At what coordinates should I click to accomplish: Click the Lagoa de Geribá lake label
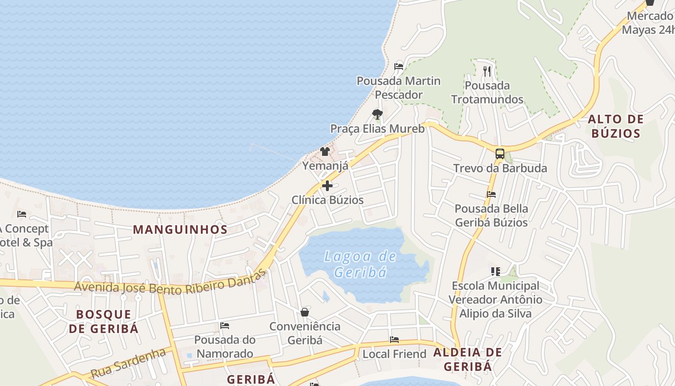360,264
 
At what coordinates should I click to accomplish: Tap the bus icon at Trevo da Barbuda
500,154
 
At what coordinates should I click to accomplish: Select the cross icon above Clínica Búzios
327,186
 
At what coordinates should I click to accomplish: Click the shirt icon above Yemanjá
325,152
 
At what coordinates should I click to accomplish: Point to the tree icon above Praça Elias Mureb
377,114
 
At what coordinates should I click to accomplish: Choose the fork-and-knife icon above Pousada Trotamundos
486,71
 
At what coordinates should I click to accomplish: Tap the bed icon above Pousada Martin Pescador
399,67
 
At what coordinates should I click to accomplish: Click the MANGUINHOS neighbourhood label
180,230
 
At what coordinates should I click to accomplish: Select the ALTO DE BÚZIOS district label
616,126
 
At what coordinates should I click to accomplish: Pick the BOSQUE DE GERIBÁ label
104,321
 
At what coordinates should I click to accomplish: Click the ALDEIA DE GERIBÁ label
468,359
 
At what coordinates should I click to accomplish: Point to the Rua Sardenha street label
128,363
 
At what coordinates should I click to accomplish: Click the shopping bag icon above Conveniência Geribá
305,312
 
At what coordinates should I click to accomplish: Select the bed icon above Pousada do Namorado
225,326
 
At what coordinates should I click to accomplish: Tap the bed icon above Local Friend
394,340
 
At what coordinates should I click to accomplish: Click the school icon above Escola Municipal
495,272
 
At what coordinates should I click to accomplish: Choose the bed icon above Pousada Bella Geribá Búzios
491,194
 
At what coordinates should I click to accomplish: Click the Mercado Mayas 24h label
648,23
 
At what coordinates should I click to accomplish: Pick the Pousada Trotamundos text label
487,93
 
